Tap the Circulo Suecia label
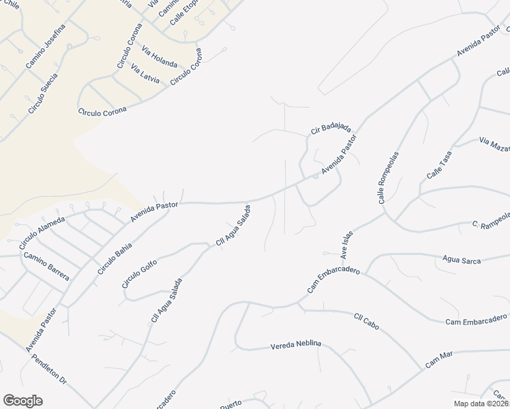point(42,93)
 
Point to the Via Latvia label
point(145,75)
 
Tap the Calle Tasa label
point(439,166)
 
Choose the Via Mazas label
point(494,144)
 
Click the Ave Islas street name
point(346,244)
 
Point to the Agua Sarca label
point(462,260)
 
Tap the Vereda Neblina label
point(295,344)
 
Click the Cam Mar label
point(439,360)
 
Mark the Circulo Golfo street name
point(139,273)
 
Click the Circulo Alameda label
point(42,232)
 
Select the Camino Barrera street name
point(46,266)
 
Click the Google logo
point(22,401)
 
